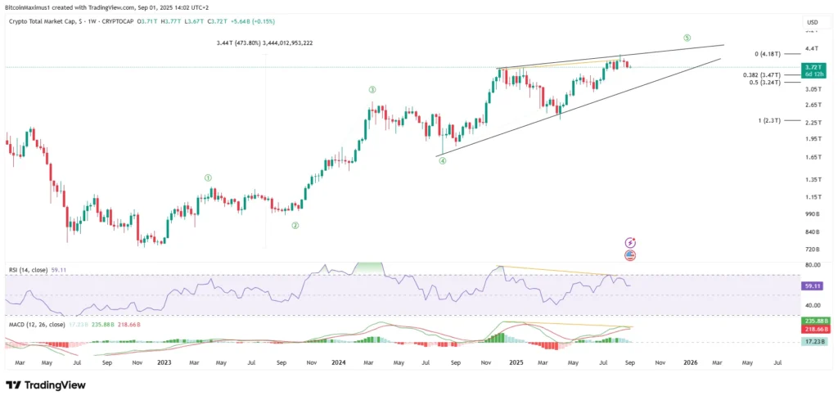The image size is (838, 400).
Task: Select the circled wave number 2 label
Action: [295, 225]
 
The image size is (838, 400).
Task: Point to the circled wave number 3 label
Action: [372, 89]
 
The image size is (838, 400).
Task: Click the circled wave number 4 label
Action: [442, 161]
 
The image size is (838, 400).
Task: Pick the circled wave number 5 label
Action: [687, 38]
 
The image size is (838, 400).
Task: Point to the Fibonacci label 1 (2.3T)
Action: [769, 120]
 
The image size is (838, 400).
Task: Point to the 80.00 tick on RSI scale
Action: [813, 265]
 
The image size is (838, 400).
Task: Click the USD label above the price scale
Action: [812, 22]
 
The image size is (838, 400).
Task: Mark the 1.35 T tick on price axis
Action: [813, 179]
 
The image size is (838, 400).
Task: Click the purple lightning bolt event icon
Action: [630, 243]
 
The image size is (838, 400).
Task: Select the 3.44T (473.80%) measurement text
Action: [264, 43]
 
